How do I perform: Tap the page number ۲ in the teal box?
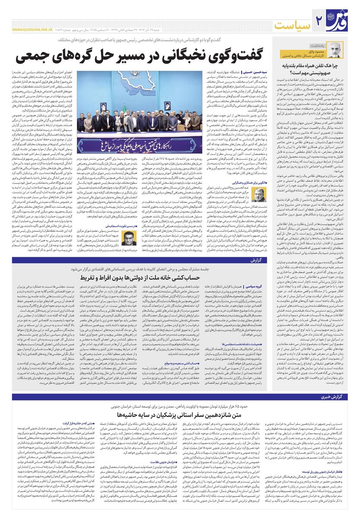tap(320, 21)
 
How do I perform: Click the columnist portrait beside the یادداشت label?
tap(335, 51)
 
